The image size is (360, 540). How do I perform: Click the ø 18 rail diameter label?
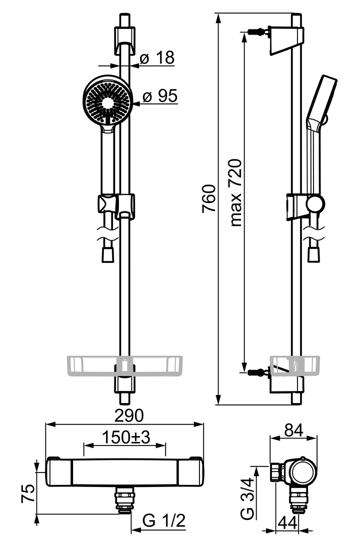[x=156, y=58]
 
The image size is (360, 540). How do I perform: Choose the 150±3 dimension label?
[x=126, y=437]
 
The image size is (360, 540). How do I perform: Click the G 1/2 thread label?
[x=164, y=521]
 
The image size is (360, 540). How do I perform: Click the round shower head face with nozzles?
[x=107, y=103]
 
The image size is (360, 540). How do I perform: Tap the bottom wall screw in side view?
[x=257, y=371]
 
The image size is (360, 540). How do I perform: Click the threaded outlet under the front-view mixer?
[x=123, y=498]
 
